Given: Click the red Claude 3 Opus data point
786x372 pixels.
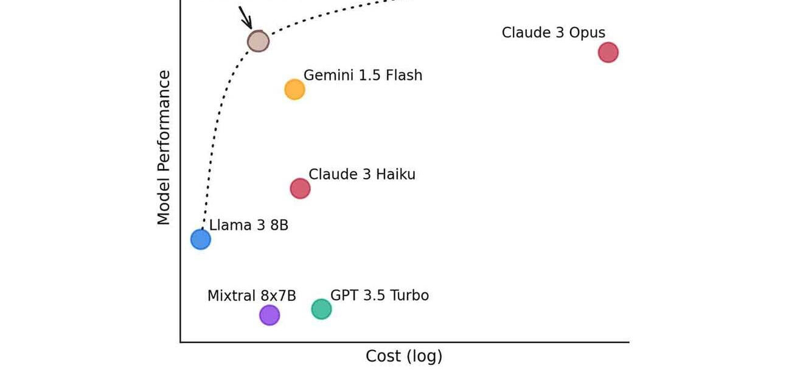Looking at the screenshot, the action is click(x=608, y=53).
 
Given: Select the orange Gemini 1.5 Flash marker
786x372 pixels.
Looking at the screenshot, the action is click(x=294, y=89).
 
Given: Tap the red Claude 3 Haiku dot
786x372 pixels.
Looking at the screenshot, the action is click(x=301, y=188).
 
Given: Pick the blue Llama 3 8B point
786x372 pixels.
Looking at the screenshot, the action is click(x=201, y=239).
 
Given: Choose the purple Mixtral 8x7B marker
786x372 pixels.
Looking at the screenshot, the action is click(x=270, y=315).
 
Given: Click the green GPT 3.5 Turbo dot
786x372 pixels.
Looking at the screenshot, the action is click(x=321, y=309).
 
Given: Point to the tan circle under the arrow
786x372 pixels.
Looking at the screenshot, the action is click(x=259, y=41).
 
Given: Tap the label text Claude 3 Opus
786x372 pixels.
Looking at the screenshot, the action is click(x=554, y=33).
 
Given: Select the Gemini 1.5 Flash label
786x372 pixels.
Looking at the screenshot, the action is click(x=363, y=75).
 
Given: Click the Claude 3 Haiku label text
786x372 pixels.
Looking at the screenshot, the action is click(x=362, y=174).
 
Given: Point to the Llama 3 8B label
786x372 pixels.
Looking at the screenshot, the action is click(x=248, y=225).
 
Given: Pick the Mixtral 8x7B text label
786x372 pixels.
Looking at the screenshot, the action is click(x=252, y=296).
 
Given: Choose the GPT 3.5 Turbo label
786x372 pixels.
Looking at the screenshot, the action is click(x=380, y=295).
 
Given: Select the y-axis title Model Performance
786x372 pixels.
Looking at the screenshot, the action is click(x=164, y=148).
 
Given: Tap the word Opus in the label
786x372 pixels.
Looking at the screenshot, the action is click(x=587, y=33).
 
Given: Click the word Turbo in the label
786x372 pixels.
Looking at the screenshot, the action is click(x=409, y=295).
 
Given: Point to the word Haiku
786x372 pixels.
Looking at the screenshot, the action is click(x=395, y=174).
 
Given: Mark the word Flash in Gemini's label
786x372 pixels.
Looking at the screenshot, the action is click(x=404, y=75).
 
